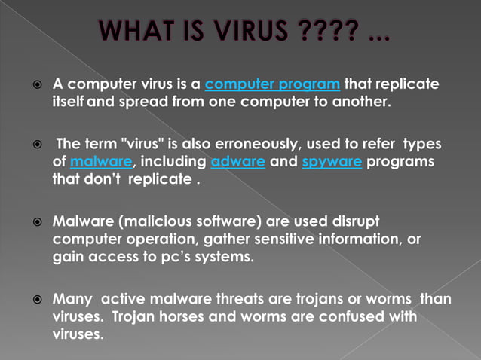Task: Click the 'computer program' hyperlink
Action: point(272,83)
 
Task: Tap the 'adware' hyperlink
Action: point(237,161)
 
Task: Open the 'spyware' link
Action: point(332,161)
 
